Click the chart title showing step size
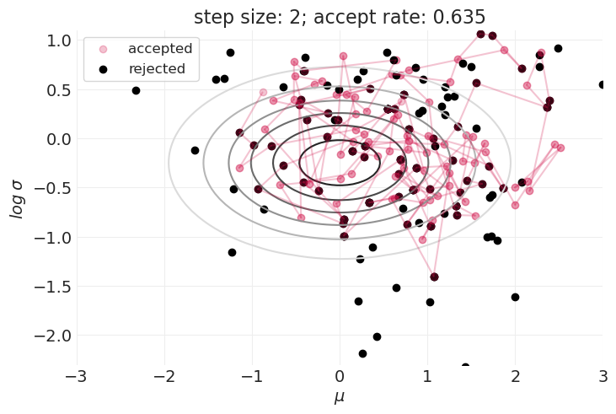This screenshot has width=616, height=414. click(339, 17)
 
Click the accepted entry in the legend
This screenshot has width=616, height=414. click(160, 49)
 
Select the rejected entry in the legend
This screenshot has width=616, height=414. click(157, 68)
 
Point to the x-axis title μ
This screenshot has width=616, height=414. click(340, 397)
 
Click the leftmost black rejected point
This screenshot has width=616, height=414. click(136, 90)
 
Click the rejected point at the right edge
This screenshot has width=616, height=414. click(603, 84)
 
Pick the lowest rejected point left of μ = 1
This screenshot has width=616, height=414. click(362, 353)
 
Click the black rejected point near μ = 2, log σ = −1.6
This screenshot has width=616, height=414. click(515, 297)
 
